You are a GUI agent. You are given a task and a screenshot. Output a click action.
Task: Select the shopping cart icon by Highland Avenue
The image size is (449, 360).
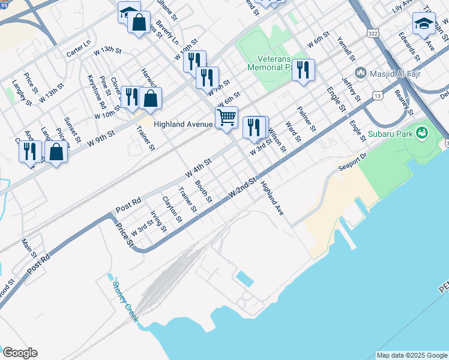tap(226, 117)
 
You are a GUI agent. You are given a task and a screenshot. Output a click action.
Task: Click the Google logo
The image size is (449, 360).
tap(20, 353)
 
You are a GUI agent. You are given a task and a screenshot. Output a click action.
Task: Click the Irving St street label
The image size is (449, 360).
tap(158, 221)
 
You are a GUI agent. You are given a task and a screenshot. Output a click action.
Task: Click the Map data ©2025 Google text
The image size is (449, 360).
tap(412, 355)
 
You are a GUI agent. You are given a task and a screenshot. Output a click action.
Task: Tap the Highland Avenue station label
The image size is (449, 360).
tap(183, 125)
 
